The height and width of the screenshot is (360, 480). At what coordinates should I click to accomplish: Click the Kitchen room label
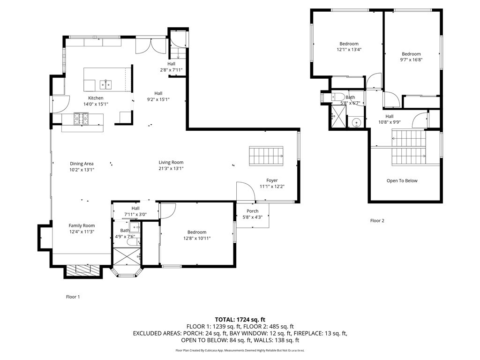click(96, 98)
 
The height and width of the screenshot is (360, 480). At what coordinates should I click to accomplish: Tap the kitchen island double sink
click(105, 84)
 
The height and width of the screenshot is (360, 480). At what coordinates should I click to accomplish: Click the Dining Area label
click(82, 164)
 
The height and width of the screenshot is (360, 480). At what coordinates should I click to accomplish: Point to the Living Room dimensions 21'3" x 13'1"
click(171, 168)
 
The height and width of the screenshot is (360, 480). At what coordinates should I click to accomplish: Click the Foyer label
click(272, 180)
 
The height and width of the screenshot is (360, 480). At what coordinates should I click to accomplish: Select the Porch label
click(253, 211)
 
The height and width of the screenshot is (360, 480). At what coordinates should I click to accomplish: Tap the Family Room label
click(82, 225)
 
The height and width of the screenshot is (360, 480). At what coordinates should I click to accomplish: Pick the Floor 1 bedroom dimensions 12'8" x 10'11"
click(197, 238)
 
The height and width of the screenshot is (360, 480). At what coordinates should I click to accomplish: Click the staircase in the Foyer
click(266, 155)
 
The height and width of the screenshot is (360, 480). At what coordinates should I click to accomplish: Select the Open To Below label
click(402, 180)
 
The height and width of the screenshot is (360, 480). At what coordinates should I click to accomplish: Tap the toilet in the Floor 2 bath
click(338, 97)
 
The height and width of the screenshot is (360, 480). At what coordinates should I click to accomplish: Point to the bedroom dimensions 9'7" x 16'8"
click(411, 60)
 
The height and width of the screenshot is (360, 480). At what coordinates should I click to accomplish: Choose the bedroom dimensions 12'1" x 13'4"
click(349, 49)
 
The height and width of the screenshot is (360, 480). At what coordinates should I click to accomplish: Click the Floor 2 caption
click(377, 220)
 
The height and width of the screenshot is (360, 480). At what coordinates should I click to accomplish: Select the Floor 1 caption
click(73, 296)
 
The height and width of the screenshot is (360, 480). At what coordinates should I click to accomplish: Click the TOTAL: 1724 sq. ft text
click(240, 319)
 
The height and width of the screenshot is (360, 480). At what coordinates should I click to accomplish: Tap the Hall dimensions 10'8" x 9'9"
click(390, 122)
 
